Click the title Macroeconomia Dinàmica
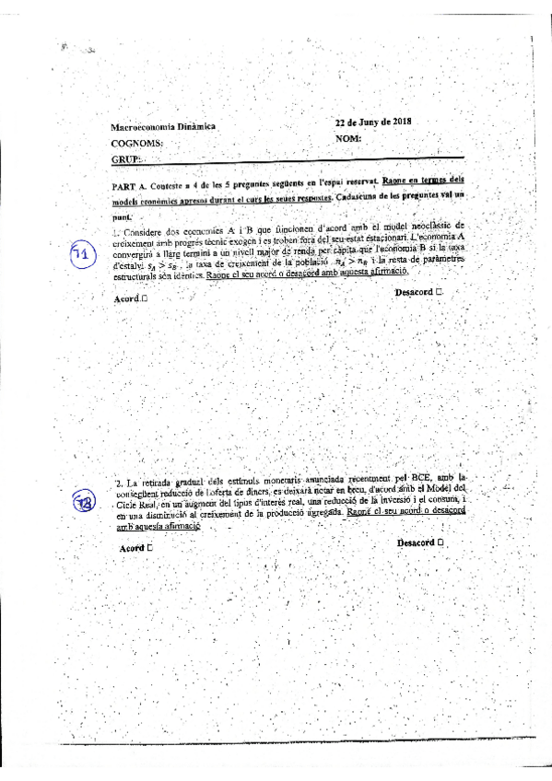(x=162, y=127)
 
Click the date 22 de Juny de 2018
(x=373, y=122)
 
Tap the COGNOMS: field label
(x=137, y=144)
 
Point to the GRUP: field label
(x=127, y=160)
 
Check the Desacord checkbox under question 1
(x=440, y=292)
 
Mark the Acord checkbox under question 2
(x=149, y=548)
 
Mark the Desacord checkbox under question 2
(x=442, y=542)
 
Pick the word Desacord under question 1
(x=414, y=293)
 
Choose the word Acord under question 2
(x=131, y=549)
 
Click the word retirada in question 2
(x=170, y=483)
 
